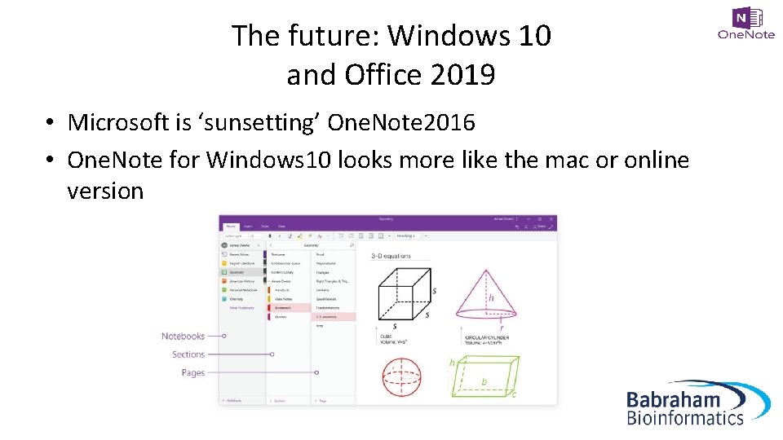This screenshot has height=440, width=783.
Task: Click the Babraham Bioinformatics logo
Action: tap(697, 403)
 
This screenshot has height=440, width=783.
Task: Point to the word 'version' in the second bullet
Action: tap(105, 191)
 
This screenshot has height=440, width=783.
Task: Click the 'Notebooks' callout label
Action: tap(183, 336)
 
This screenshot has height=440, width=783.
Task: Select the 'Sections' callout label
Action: tap(188, 354)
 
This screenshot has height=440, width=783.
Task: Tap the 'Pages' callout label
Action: tap(193, 372)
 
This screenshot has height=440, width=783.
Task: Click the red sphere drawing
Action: tap(401, 376)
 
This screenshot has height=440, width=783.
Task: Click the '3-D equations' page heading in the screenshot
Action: tap(391, 256)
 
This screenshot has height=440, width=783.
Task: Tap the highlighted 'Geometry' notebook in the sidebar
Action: tap(237, 273)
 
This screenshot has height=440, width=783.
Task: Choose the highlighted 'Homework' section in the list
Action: tap(283, 307)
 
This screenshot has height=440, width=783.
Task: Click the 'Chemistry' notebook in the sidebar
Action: tap(237, 299)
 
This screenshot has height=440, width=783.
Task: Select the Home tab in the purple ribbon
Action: tap(231, 226)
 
